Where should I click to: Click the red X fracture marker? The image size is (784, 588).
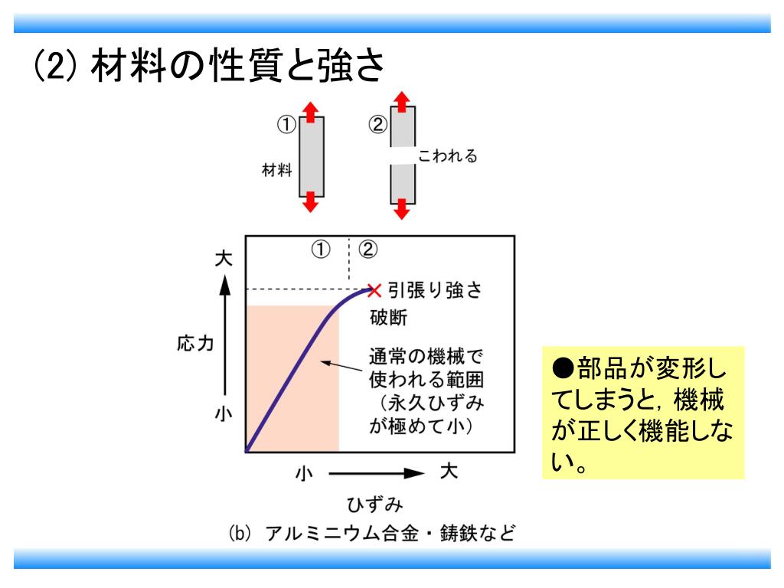(374, 289)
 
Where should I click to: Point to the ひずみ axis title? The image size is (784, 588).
(374, 505)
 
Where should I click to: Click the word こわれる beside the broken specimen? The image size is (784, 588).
(448, 156)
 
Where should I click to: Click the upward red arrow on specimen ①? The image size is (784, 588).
(310, 112)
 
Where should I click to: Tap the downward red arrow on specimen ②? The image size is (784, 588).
(403, 207)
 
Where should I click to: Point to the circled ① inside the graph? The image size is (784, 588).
(320, 249)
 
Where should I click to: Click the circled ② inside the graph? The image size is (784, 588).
(368, 249)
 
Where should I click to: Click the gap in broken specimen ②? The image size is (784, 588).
(403, 156)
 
